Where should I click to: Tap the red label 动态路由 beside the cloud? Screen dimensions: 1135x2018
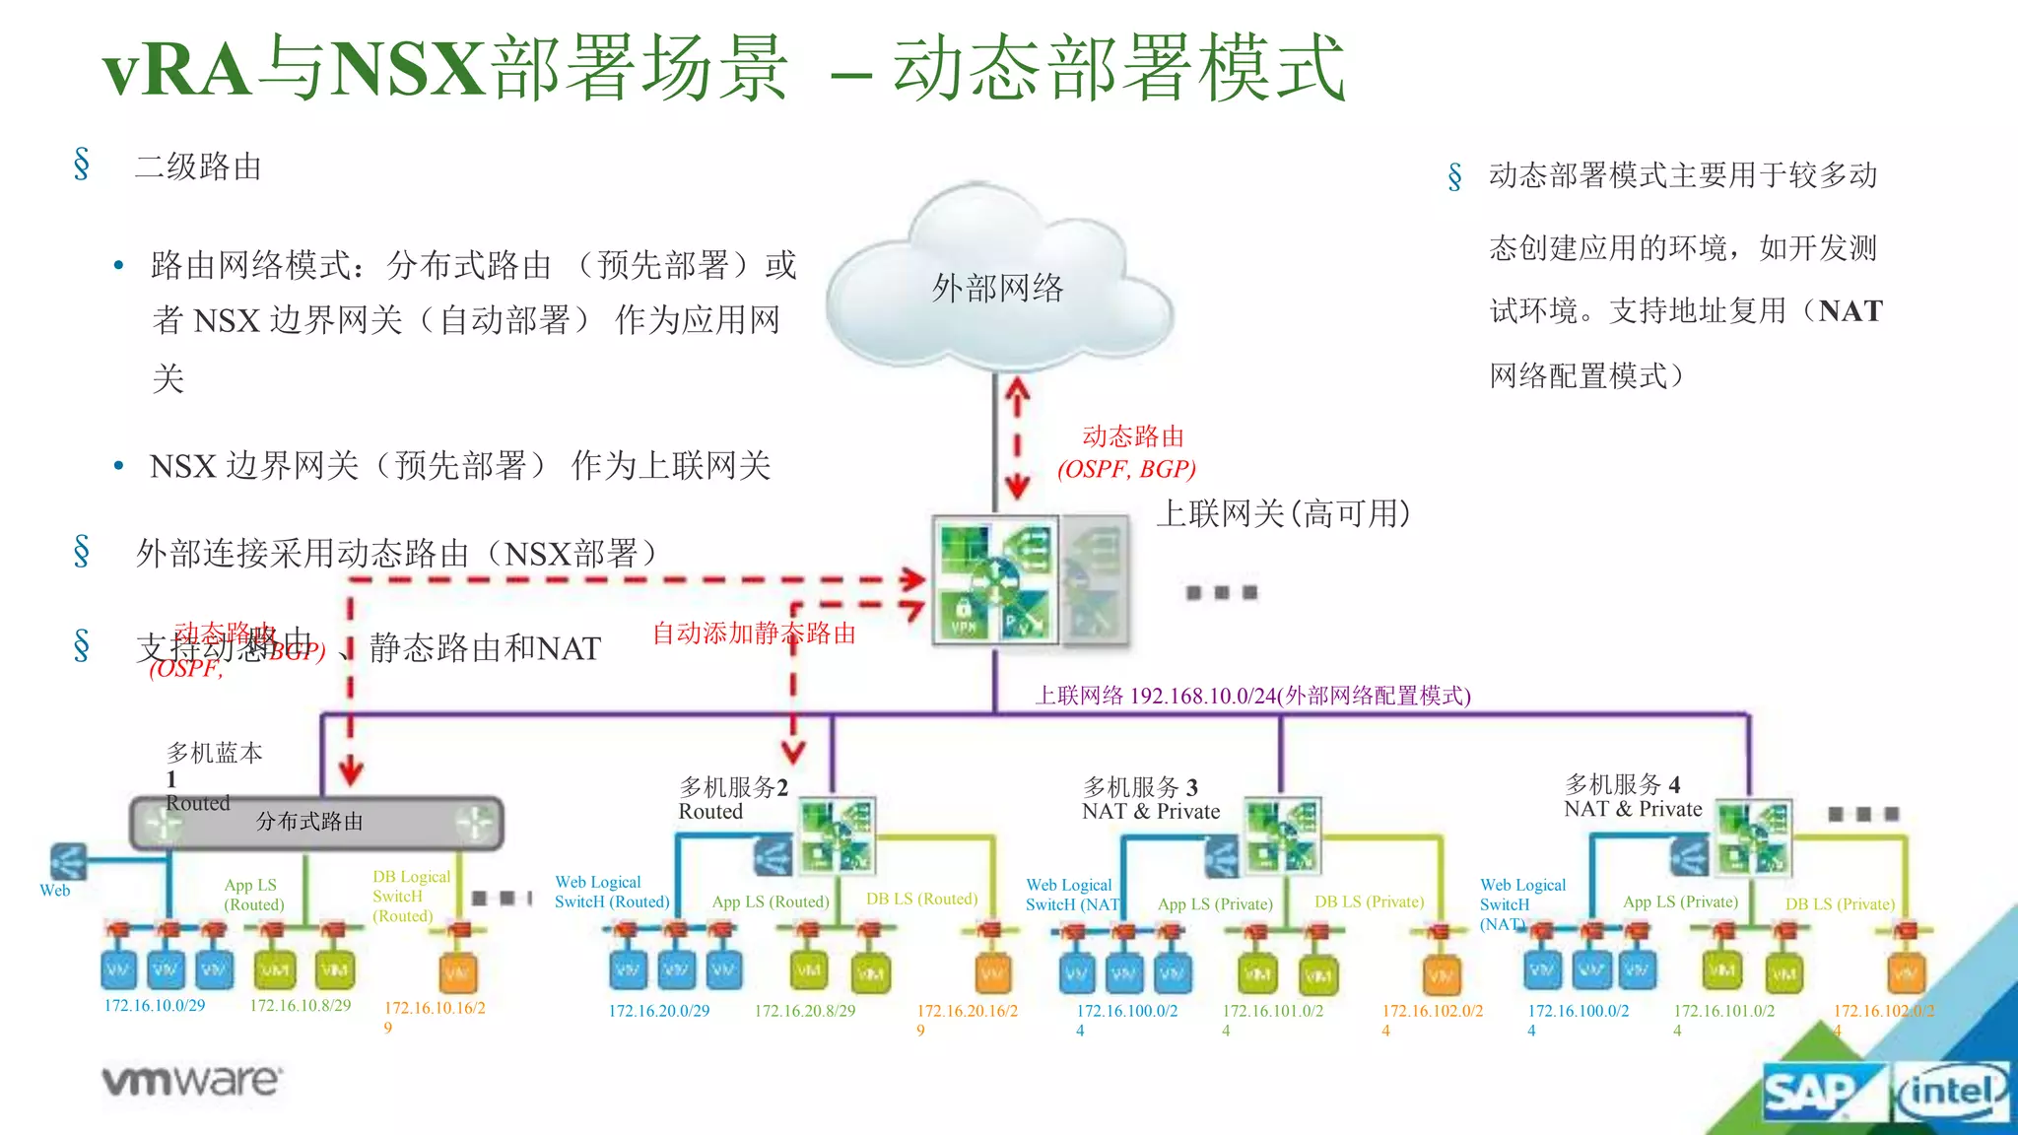1132,436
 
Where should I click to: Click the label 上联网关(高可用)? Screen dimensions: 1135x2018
1283,513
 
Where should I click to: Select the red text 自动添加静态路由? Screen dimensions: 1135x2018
754,634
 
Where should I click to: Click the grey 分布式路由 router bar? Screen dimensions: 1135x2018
315,823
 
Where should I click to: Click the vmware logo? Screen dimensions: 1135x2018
192,1081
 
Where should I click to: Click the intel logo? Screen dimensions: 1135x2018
1952,1092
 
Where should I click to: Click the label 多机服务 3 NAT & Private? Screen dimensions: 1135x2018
1150,799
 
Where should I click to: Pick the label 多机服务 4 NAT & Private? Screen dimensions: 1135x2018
1632,797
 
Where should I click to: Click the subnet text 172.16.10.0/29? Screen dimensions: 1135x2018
155,1006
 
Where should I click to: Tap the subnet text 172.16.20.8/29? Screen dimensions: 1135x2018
804,1011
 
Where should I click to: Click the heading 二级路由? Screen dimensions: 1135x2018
198,167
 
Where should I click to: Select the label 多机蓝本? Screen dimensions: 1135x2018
214,754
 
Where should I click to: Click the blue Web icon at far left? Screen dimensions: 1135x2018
67,862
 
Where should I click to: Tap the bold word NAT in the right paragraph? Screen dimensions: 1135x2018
1850,311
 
